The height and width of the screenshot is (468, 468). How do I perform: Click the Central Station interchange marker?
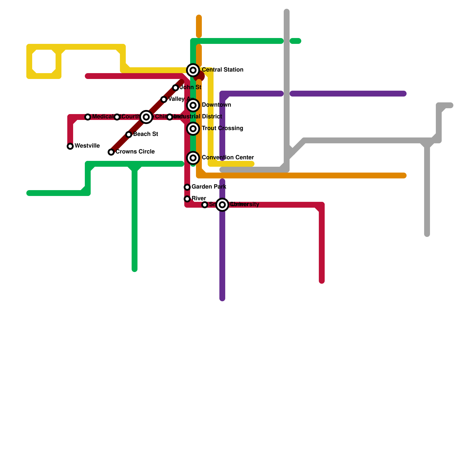pos(193,70)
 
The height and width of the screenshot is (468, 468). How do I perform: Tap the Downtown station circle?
pos(193,105)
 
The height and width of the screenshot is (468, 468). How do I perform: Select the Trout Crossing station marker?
pos(193,129)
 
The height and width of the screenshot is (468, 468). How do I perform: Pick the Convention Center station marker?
pos(193,158)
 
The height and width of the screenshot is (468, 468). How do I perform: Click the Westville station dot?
pos(70,146)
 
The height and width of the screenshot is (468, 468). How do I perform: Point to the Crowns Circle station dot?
pos(111,152)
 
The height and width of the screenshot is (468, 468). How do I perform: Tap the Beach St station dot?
pos(129,135)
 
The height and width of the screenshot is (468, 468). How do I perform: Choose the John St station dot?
pos(175,88)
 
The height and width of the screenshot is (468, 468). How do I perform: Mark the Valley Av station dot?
pos(164,99)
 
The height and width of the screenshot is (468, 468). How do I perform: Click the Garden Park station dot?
pos(187,187)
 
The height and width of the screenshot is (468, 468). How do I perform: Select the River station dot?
pos(187,199)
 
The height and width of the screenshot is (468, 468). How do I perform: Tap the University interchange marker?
pos(222,205)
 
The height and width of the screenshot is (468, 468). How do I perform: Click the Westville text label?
pos(87,146)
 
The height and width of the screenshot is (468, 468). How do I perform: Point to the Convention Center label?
pos(228,157)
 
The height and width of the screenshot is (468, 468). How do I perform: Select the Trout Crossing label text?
pos(222,128)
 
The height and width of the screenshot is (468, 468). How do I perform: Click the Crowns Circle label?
pos(135,152)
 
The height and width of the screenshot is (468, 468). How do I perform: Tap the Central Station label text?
pos(222,70)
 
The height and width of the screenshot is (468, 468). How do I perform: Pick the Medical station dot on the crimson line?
pos(88,117)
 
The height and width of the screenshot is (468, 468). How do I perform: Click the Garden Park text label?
pos(209,187)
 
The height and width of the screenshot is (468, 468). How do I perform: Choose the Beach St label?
pos(145,134)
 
